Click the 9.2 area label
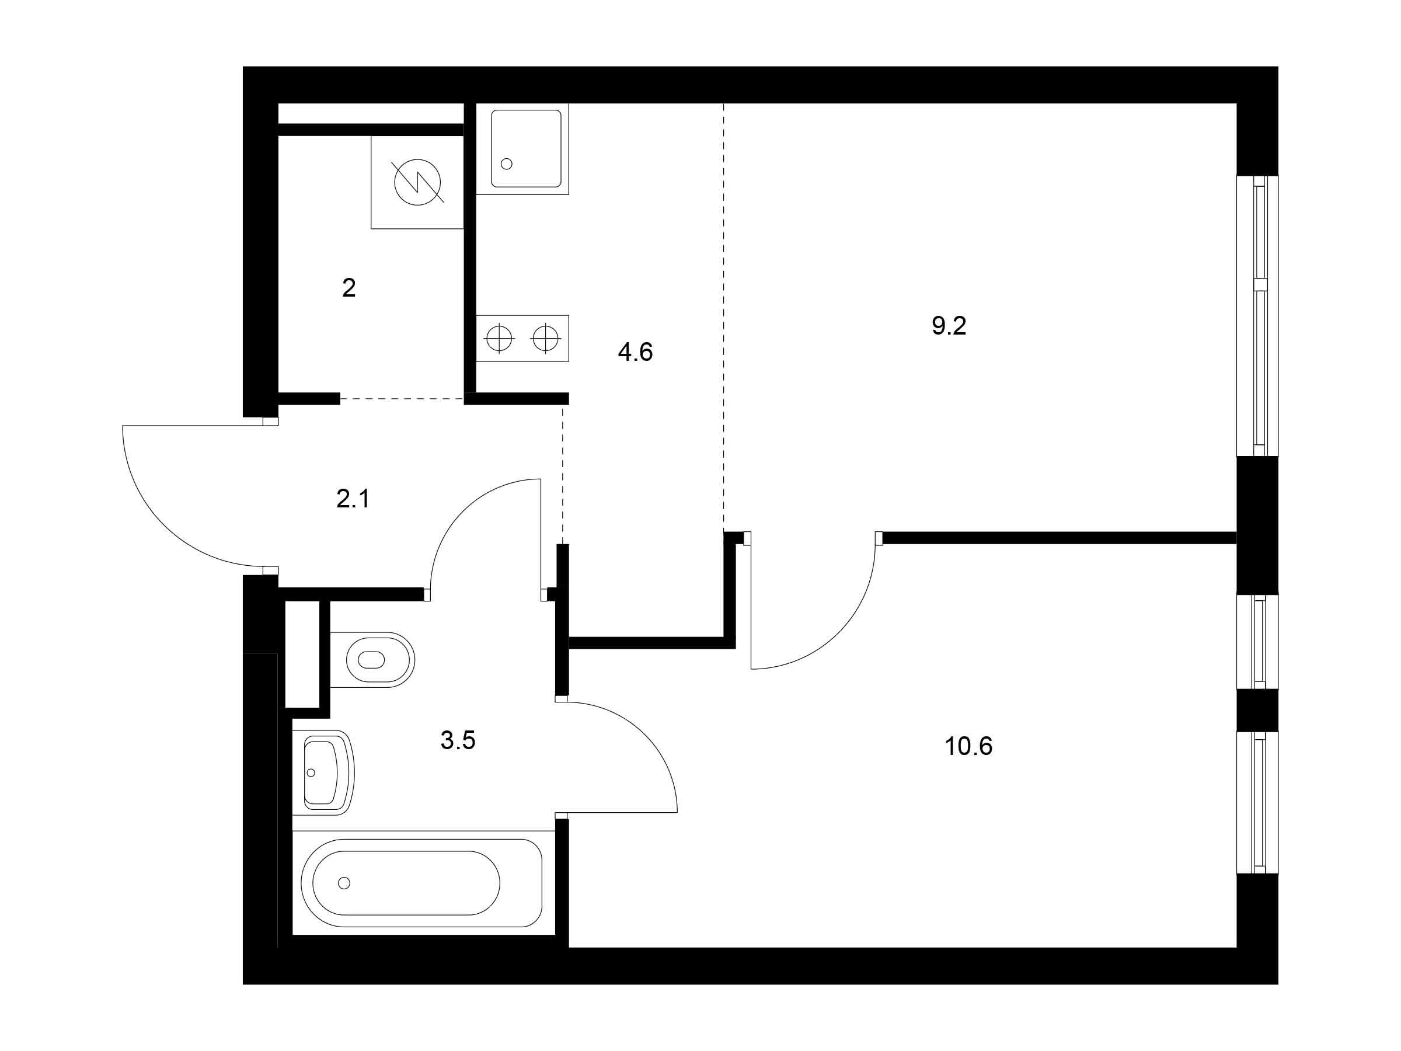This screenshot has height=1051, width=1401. pyautogui.click(x=948, y=326)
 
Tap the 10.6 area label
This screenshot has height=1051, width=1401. pyautogui.click(x=968, y=746)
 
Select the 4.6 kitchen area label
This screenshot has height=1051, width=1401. pyautogui.click(x=635, y=352)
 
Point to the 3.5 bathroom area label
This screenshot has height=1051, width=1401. pyautogui.click(x=457, y=740)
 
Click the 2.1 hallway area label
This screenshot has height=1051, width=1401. pyautogui.click(x=353, y=499)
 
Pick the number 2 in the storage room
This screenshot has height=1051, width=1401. pyautogui.click(x=348, y=288)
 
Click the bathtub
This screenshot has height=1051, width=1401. pyautogui.click(x=421, y=883)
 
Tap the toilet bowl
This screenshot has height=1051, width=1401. pyautogui.click(x=372, y=659)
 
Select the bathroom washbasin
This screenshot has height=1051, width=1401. pyautogui.click(x=323, y=772)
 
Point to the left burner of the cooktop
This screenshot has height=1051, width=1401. pyautogui.click(x=499, y=338)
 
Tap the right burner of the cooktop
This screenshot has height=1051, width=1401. pyautogui.click(x=545, y=338)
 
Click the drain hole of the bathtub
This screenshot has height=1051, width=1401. pyautogui.click(x=344, y=883)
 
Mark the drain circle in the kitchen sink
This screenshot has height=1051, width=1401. pyautogui.click(x=506, y=163)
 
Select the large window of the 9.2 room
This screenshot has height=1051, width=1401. pyautogui.click(x=1257, y=315)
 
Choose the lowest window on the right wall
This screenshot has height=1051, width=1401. pyautogui.click(x=1257, y=803)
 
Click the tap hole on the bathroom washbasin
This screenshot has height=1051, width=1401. pyautogui.click(x=311, y=773)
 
